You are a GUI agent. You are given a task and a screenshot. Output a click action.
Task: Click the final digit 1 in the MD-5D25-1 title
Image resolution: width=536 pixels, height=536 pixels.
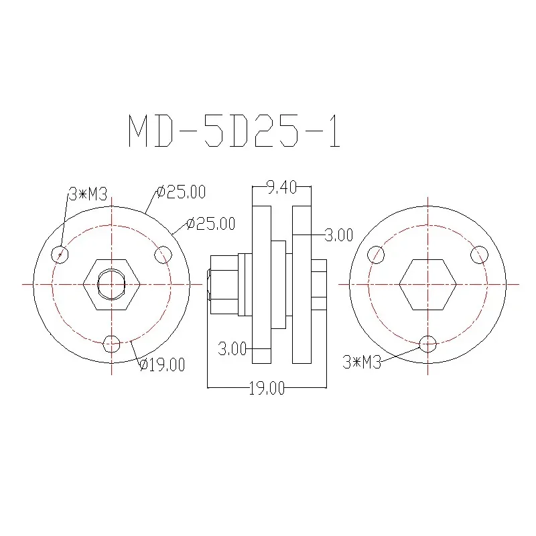pyautogui.click(x=336, y=131)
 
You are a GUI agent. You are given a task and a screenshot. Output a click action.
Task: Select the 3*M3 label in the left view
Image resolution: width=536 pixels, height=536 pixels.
pyautogui.click(x=88, y=194)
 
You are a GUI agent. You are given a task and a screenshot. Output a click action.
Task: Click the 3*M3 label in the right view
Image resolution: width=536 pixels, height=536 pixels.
pyautogui.click(x=362, y=362)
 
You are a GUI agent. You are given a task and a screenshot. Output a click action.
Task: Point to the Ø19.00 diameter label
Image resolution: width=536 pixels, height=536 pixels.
pyautogui.click(x=162, y=364)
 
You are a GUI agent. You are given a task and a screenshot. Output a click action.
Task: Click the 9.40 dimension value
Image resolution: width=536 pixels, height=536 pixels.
pyautogui.click(x=281, y=188)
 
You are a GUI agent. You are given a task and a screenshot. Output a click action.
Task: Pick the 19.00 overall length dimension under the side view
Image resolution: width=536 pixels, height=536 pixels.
pyautogui.click(x=267, y=389)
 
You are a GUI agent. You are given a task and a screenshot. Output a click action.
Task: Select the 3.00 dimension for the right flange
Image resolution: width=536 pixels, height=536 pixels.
pyautogui.click(x=338, y=235)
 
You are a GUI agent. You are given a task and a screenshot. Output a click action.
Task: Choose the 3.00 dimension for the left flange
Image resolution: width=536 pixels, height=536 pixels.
pyautogui.click(x=232, y=348)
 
